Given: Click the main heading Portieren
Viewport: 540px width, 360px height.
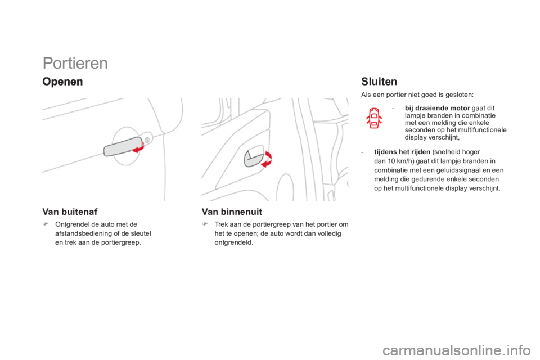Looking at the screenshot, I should point(75,64).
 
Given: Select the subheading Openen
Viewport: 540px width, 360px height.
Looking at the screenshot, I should point(62,81).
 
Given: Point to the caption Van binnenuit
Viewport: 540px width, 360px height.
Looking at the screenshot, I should point(232,212).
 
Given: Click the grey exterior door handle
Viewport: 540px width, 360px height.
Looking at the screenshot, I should point(120,148).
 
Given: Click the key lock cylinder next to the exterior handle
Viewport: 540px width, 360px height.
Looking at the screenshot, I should point(147,137).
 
